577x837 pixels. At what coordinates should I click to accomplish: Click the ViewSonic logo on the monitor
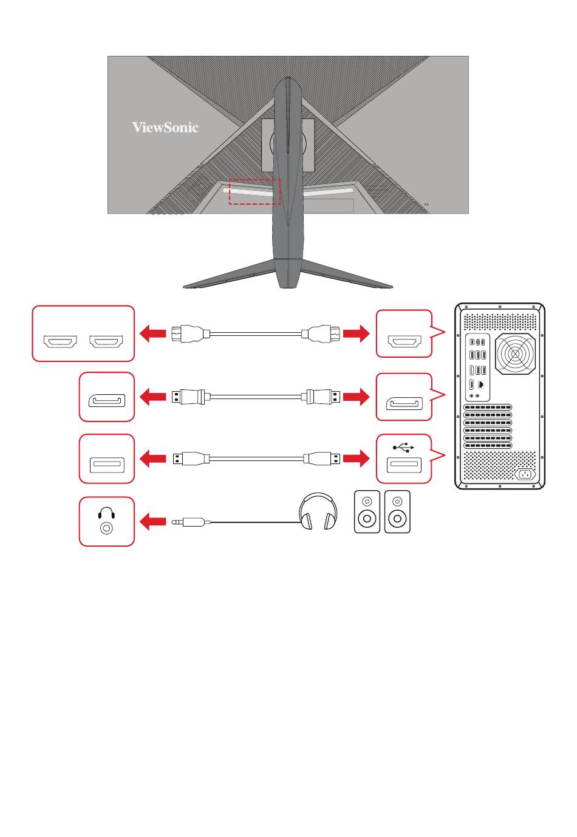pos(165,128)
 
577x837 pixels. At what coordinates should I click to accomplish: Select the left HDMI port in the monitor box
pos(60,341)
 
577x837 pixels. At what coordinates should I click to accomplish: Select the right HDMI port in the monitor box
pos(106,341)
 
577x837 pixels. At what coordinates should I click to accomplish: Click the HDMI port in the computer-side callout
pos(405,341)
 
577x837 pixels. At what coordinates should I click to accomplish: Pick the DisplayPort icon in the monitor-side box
pos(107,400)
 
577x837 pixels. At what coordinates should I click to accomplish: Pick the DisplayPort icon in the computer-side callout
pos(404,403)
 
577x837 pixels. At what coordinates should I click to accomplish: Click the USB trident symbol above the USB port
pos(403,447)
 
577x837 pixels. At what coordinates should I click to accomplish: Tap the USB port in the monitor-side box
pos(107,465)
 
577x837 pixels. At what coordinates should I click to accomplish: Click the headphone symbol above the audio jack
pos(106,513)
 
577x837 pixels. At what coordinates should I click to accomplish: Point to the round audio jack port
pos(106,528)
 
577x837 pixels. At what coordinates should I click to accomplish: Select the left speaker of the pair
pos(367,511)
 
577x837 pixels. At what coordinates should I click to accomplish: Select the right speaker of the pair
pos(397,511)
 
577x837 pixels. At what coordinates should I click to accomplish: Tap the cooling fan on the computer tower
pos(515,354)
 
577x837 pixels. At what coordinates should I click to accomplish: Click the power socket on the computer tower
pos(525,474)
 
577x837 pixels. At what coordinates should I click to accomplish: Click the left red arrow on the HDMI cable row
pos(152,333)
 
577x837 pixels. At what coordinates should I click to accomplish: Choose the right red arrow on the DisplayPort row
pos(356,396)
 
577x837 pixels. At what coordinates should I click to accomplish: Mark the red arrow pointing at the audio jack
pos(152,521)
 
